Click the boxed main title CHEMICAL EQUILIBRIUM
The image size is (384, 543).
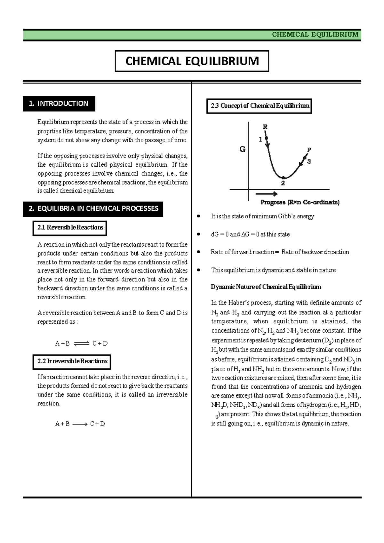(x=192, y=61)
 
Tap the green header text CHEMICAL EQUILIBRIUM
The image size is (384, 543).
(x=315, y=35)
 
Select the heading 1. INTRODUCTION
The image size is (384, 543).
(x=59, y=104)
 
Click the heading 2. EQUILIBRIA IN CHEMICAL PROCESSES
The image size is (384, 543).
(x=93, y=209)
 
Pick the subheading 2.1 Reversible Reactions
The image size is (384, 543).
(x=70, y=228)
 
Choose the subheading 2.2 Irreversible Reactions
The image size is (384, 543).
(x=72, y=361)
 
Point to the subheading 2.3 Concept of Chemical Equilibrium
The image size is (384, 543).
(x=260, y=106)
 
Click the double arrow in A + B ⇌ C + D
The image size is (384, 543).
(x=81, y=343)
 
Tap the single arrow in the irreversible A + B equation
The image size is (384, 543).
(x=80, y=424)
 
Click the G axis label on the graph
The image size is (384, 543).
(x=243, y=149)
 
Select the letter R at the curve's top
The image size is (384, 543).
(x=265, y=127)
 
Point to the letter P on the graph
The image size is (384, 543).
(x=309, y=150)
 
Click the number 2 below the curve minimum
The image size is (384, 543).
(x=283, y=184)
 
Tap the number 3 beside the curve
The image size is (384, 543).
(x=309, y=162)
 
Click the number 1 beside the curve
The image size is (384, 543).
(x=260, y=139)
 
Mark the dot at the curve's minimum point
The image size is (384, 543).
(x=283, y=177)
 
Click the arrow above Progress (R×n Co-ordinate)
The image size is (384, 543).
(x=266, y=194)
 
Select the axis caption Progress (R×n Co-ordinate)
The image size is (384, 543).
(x=300, y=202)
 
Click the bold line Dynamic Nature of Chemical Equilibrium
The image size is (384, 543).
(x=266, y=287)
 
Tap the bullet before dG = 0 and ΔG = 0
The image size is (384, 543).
(x=199, y=234)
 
